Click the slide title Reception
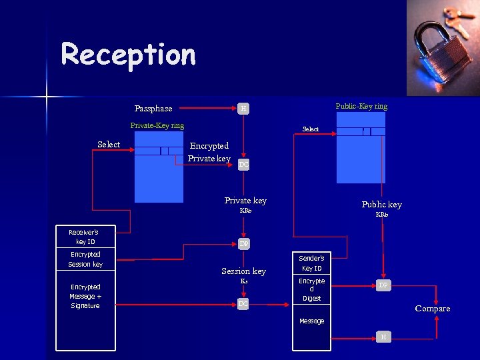[128, 55]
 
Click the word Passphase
[153, 109]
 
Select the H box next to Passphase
[244, 108]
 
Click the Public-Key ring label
[361, 106]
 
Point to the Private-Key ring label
[157, 125]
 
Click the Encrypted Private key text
[209, 152]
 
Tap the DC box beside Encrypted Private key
[244, 164]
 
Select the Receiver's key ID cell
[85, 237]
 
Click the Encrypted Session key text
[85, 259]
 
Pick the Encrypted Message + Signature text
[85, 296]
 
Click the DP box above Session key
[244, 244]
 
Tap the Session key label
[244, 271]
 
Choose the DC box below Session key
[244, 304]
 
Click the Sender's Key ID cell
[311, 263]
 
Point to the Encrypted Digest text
[311, 289]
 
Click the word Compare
[433, 309]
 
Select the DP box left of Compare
[383, 285]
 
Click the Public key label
[382, 205]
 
